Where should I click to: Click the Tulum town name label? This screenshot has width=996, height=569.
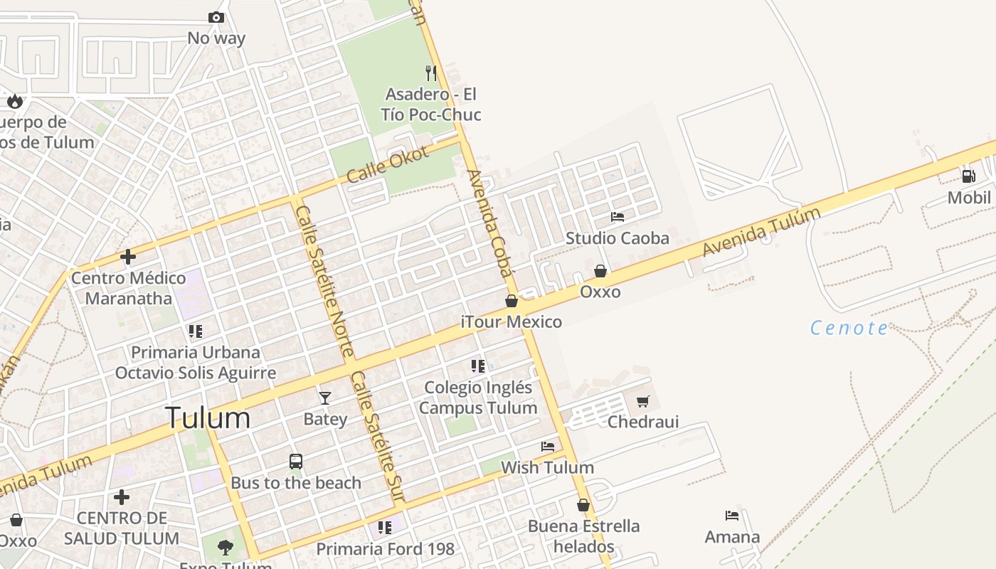pos(207,418)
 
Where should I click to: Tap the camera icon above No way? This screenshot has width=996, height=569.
pos(216,17)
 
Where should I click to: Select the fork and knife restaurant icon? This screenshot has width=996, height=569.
pos(430,73)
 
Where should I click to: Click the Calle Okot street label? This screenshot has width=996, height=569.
pos(388,164)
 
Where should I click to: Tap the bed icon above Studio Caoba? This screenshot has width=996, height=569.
pos(618,216)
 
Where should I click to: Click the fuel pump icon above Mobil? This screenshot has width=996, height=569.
pos(968,176)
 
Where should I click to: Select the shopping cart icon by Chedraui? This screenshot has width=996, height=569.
pos(643,401)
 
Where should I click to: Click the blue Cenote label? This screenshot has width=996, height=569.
pos(849,328)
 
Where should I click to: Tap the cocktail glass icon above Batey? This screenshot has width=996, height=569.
pos(325,398)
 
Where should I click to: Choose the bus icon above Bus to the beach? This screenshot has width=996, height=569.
pos(296,462)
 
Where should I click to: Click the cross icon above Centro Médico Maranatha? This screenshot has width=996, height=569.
pos(128,256)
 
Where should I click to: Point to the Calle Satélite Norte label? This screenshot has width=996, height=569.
pos(324,282)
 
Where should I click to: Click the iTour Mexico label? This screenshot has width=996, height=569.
pos(512,322)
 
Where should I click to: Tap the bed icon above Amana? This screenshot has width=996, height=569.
pos(732,515)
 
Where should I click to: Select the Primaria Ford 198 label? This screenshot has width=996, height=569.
pos(385,549)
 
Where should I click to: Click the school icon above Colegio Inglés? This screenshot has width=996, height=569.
pos(478,366)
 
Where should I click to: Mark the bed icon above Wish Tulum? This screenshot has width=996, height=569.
pos(548,447)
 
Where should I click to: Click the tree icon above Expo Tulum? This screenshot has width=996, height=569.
pos(226,548)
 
